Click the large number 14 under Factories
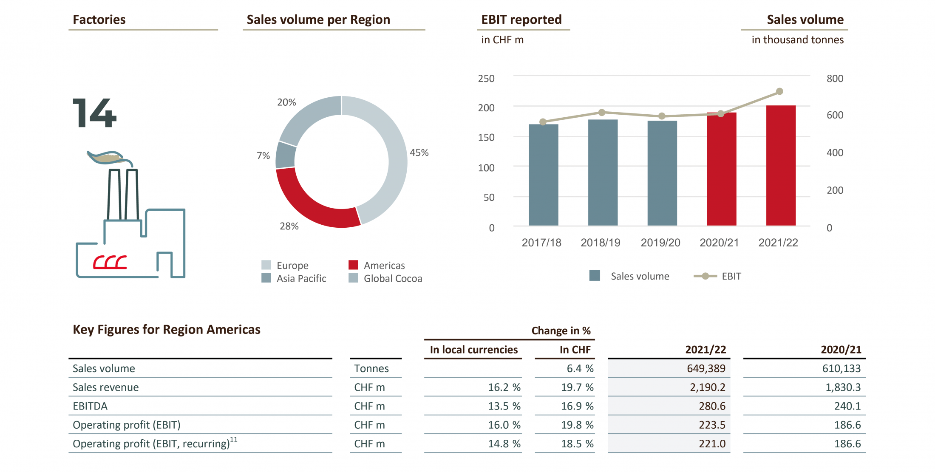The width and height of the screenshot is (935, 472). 94,113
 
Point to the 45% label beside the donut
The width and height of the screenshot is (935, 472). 419,153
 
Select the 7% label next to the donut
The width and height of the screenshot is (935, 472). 263,156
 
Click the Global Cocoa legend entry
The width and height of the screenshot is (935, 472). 385,279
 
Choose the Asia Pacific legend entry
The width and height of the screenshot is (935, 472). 294,279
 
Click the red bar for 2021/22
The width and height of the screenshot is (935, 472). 781,166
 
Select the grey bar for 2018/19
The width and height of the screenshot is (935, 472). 602,172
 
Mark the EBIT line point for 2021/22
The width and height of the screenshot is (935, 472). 779,91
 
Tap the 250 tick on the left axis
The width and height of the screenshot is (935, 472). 486,79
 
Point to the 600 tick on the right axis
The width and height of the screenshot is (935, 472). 835,115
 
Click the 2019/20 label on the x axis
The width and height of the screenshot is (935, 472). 660,243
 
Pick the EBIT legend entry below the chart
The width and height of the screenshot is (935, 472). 718,277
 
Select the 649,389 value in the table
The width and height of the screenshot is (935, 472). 706,368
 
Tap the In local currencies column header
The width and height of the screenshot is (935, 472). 473,350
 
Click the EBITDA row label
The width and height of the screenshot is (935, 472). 90,406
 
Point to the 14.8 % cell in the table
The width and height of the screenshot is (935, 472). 504,444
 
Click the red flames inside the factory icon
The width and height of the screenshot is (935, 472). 110,263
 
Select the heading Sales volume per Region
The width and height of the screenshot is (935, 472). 318,20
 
